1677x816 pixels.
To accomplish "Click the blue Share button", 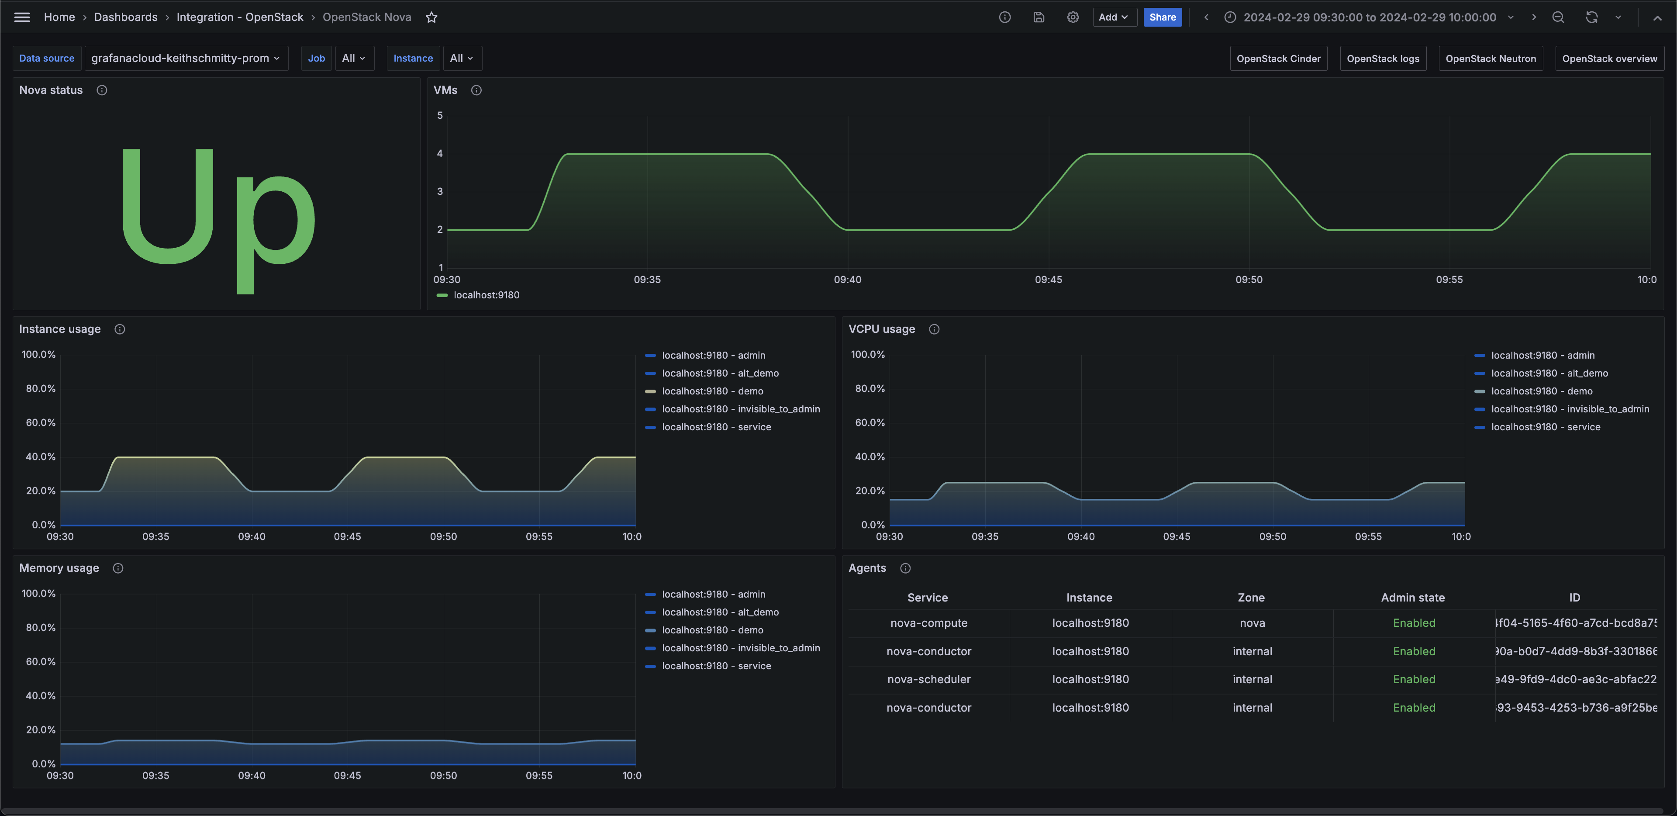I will click(1162, 17).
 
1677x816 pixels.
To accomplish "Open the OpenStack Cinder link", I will click(1278, 59).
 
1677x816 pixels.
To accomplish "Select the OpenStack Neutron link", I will click(1490, 59).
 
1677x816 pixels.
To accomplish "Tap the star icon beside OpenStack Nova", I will click(431, 17).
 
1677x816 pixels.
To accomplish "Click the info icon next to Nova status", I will click(102, 90).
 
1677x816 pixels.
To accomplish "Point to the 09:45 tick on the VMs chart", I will click(1048, 280).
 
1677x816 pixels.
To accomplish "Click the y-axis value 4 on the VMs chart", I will click(440, 154).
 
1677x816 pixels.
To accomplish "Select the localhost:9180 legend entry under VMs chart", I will click(486, 295).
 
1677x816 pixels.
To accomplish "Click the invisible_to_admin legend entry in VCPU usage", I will click(1570, 409).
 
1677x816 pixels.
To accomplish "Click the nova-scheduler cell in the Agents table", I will click(928, 679).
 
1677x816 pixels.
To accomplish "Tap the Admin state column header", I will click(1413, 597).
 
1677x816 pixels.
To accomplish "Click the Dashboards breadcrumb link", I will click(126, 17).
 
